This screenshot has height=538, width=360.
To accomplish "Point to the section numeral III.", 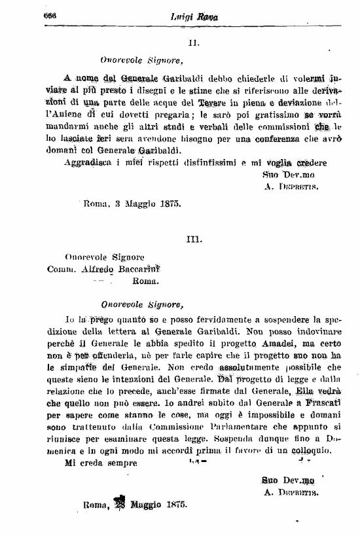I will (x=193, y=240).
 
